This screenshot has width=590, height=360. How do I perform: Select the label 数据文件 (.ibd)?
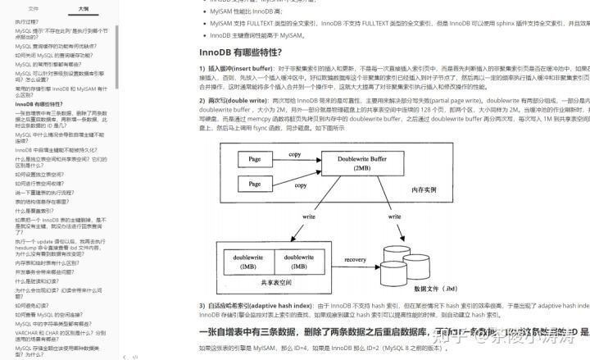(438, 288)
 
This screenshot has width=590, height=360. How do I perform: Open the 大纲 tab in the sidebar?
(84, 8)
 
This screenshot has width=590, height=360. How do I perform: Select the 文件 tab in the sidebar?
(34, 8)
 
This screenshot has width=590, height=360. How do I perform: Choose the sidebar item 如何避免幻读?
(33, 303)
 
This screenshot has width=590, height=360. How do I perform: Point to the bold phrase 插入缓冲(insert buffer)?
(233, 68)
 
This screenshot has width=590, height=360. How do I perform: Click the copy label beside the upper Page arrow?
(294, 154)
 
